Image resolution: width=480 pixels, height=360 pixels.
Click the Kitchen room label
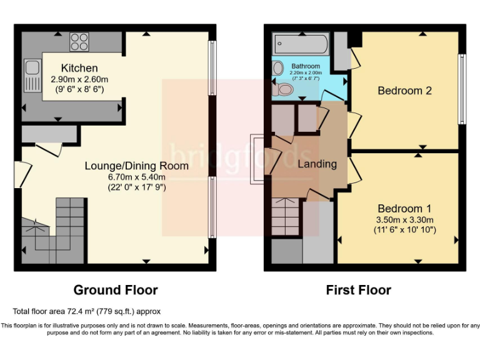click(79, 68)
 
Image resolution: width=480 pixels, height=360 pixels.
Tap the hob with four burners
click(79, 41)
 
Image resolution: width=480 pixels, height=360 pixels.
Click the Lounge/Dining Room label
click(136, 166)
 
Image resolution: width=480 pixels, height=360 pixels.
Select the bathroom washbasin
click(278, 67)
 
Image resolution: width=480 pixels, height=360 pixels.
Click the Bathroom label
click(306, 66)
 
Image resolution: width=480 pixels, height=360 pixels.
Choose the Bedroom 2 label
click(404, 91)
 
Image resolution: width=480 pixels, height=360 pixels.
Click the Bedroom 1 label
click(404, 208)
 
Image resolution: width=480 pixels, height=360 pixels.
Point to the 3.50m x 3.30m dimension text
click(404, 219)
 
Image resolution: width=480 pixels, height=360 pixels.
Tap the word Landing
click(317, 164)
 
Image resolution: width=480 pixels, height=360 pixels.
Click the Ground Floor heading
click(116, 290)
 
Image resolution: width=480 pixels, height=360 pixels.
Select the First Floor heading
click(358, 290)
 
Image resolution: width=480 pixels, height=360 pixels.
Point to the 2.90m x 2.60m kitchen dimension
click(79, 79)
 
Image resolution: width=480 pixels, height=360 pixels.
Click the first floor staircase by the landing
click(286, 216)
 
